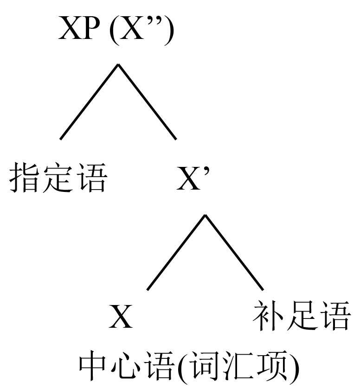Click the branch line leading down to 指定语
point(88,102)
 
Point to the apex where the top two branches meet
point(118,64)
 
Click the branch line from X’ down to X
point(176,253)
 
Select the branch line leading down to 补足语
point(235,253)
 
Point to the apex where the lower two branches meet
point(206,215)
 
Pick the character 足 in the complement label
point(302,316)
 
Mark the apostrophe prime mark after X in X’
point(208,170)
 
